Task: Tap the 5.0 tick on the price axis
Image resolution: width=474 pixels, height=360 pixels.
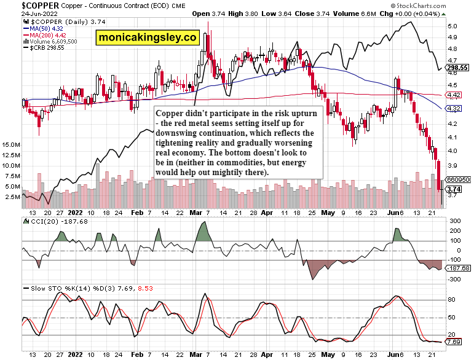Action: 452,26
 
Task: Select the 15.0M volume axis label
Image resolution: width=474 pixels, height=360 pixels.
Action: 12,145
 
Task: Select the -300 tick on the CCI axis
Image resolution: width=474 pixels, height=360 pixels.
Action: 456,279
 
